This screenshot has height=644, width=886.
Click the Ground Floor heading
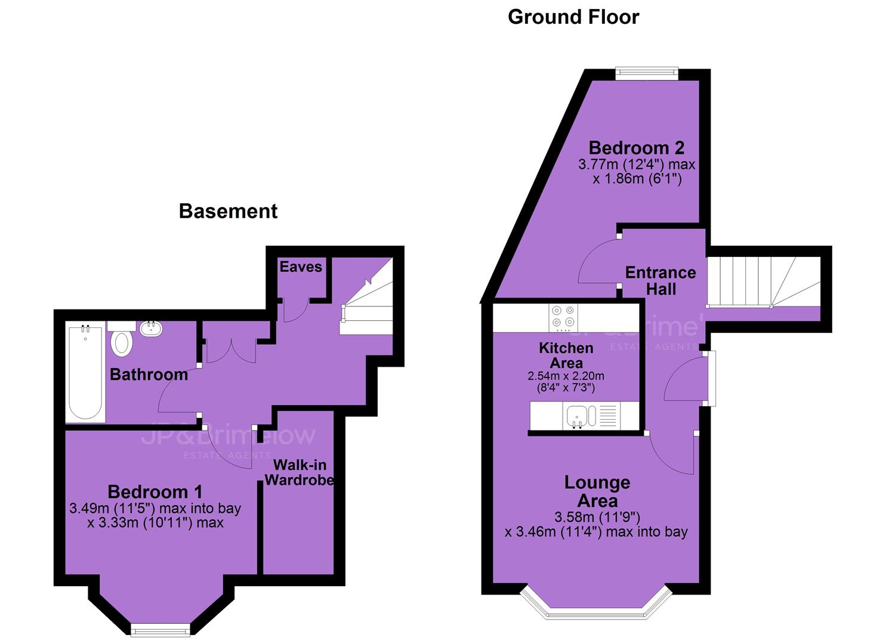573,17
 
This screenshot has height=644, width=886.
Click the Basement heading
229,211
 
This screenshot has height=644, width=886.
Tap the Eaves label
301,267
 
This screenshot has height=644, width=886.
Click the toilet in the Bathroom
121,340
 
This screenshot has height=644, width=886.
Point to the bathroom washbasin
150,329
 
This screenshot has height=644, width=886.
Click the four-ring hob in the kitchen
563,317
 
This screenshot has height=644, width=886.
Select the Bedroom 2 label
637,148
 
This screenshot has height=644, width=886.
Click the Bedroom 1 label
155,492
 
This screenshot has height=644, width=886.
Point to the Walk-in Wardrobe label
300,472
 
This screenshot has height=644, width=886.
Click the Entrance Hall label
660,281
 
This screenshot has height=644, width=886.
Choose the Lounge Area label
597,492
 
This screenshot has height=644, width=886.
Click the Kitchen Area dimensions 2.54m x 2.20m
566,382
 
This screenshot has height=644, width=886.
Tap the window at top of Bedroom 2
647,71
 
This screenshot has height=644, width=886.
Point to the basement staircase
366,296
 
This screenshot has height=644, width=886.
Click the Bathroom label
149,375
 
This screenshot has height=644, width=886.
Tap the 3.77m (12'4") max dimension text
637,165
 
